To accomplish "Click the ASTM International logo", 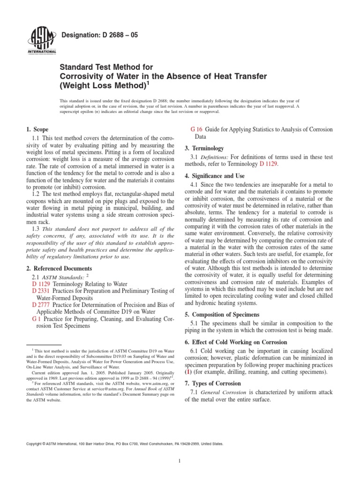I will (x=43, y=40).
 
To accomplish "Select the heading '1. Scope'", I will (x=37, y=129).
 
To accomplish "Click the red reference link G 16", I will (x=196, y=129).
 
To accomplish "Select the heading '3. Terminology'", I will (x=205, y=148).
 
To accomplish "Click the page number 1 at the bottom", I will (x=180, y=461).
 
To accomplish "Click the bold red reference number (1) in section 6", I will (x=188, y=372).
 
